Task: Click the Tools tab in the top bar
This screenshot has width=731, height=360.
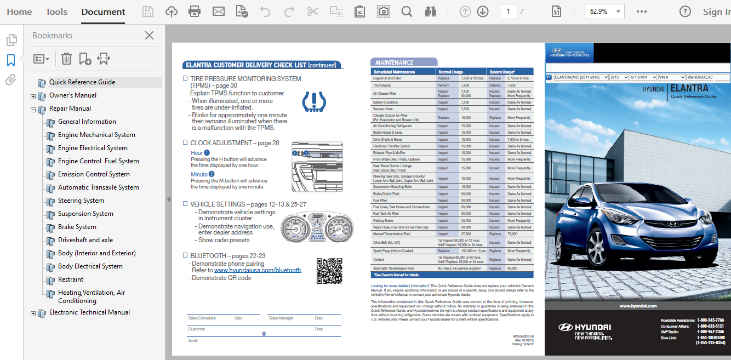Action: point(56,12)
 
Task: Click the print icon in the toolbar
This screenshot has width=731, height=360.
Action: point(195,12)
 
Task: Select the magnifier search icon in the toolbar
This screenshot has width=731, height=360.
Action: point(407,12)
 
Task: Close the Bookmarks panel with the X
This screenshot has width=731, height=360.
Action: point(149,36)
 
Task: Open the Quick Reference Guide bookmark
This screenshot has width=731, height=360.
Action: point(82,82)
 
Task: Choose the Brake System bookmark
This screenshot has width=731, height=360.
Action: point(77,227)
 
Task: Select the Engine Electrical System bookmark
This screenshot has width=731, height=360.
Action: point(93,148)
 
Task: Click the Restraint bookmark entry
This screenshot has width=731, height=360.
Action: point(71,279)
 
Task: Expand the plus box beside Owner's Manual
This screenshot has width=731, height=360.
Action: point(33,96)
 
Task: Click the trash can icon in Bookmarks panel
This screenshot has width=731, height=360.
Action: point(66,59)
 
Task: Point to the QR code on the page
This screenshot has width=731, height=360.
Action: point(329,271)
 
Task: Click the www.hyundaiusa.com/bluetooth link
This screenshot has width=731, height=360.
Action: point(258,270)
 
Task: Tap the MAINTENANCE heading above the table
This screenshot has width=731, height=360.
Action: point(395,62)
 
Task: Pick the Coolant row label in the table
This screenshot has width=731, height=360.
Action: point(379,260)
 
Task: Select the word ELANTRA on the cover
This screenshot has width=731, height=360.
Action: point(689,88)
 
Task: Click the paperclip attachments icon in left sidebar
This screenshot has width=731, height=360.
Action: point(11,81)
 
